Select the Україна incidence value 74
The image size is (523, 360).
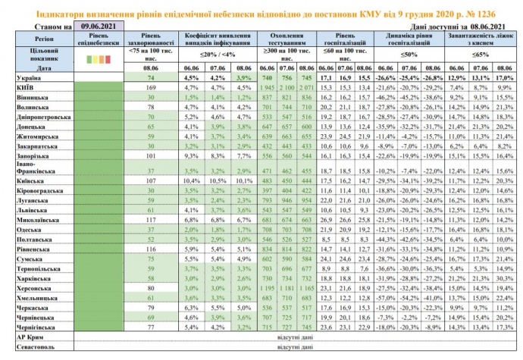point(151,77)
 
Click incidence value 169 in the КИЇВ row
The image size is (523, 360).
point(151,87)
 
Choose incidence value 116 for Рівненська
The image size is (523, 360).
point(151,248)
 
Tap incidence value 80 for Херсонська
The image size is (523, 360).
point(151,288)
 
